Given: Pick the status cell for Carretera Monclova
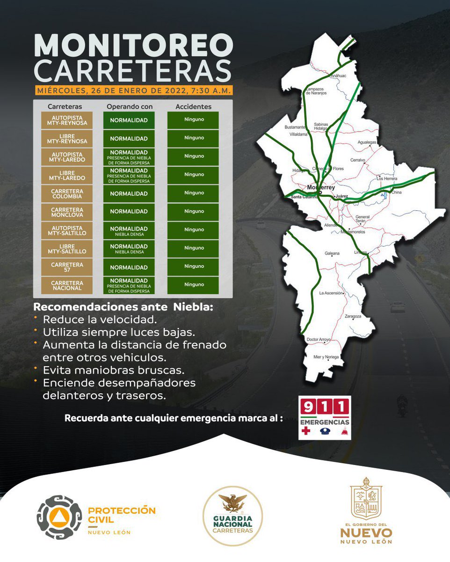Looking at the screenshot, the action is point(129,211).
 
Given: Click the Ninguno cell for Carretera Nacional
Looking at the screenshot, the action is point(193,285).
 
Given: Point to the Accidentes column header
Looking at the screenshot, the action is point(193,106).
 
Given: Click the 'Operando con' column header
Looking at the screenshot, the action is point(129,106).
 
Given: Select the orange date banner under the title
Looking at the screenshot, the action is point(133,90).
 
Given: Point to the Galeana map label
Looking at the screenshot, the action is point(332,253).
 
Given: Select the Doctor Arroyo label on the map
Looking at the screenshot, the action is point(318,339).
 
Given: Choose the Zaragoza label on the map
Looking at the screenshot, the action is point(353,317).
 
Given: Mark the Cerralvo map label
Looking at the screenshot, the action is point(357,160).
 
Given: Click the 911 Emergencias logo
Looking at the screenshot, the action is point(325,418).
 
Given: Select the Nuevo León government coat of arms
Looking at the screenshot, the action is point(366,497).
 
